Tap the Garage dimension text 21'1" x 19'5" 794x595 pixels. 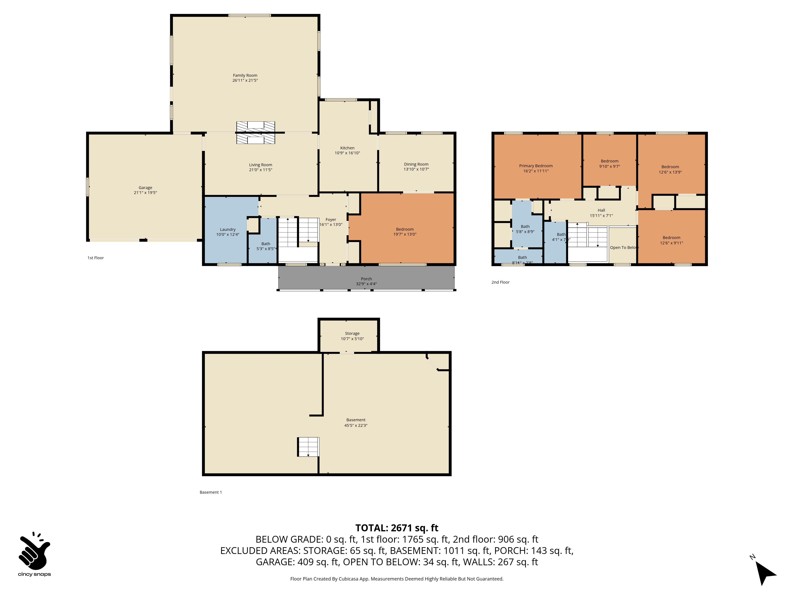click(145, 193)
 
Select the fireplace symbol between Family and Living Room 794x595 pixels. click(256, 133)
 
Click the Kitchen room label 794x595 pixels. click(347, 148)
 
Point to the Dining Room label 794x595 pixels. click(416, 164)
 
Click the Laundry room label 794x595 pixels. click(227, 229)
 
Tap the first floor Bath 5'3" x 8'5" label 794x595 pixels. click(266, 246)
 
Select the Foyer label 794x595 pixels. click(331, 220)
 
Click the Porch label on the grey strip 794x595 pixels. click(366, 279)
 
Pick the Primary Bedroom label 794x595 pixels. click(536, 166)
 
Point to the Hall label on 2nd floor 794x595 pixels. click(601, 210)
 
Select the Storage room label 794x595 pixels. click(352, 334)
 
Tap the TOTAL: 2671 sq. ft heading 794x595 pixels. click(397, 528)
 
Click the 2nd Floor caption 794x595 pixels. click(500, 282)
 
